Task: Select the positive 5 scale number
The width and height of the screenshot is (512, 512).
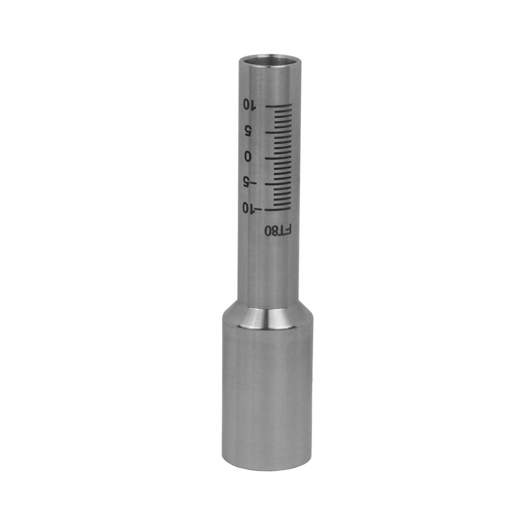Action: [249, 132]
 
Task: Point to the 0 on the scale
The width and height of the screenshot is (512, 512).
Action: [248, 157]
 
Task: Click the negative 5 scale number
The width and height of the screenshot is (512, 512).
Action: [250, 182]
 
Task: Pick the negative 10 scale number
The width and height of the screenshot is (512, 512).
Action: [250, 207]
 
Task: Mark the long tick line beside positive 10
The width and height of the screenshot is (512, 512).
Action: [279, 106]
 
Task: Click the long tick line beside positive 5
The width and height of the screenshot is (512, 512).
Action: [278, 132]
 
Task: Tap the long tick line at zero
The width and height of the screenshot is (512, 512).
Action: [278, 158]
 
